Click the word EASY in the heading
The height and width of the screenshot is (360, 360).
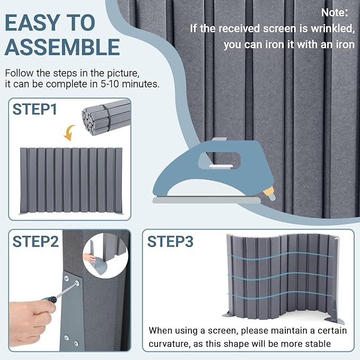(32, 23)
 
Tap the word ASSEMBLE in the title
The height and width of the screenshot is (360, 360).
(62, 47)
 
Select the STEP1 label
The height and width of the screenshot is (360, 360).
(34, 109)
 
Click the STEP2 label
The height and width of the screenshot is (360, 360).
(36, 242)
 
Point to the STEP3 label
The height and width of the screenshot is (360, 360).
(170, 242)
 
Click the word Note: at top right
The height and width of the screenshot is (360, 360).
(335, 12)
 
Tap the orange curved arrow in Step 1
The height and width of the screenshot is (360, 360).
(69, 133)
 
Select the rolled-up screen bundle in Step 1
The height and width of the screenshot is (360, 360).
(106, 117)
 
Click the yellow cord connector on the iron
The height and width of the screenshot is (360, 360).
(269, 192)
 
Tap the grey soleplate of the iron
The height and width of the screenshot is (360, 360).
(207, 200)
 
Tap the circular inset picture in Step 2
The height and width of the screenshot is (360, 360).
(106, 256)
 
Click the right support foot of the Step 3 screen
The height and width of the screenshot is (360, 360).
(335, 314)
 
